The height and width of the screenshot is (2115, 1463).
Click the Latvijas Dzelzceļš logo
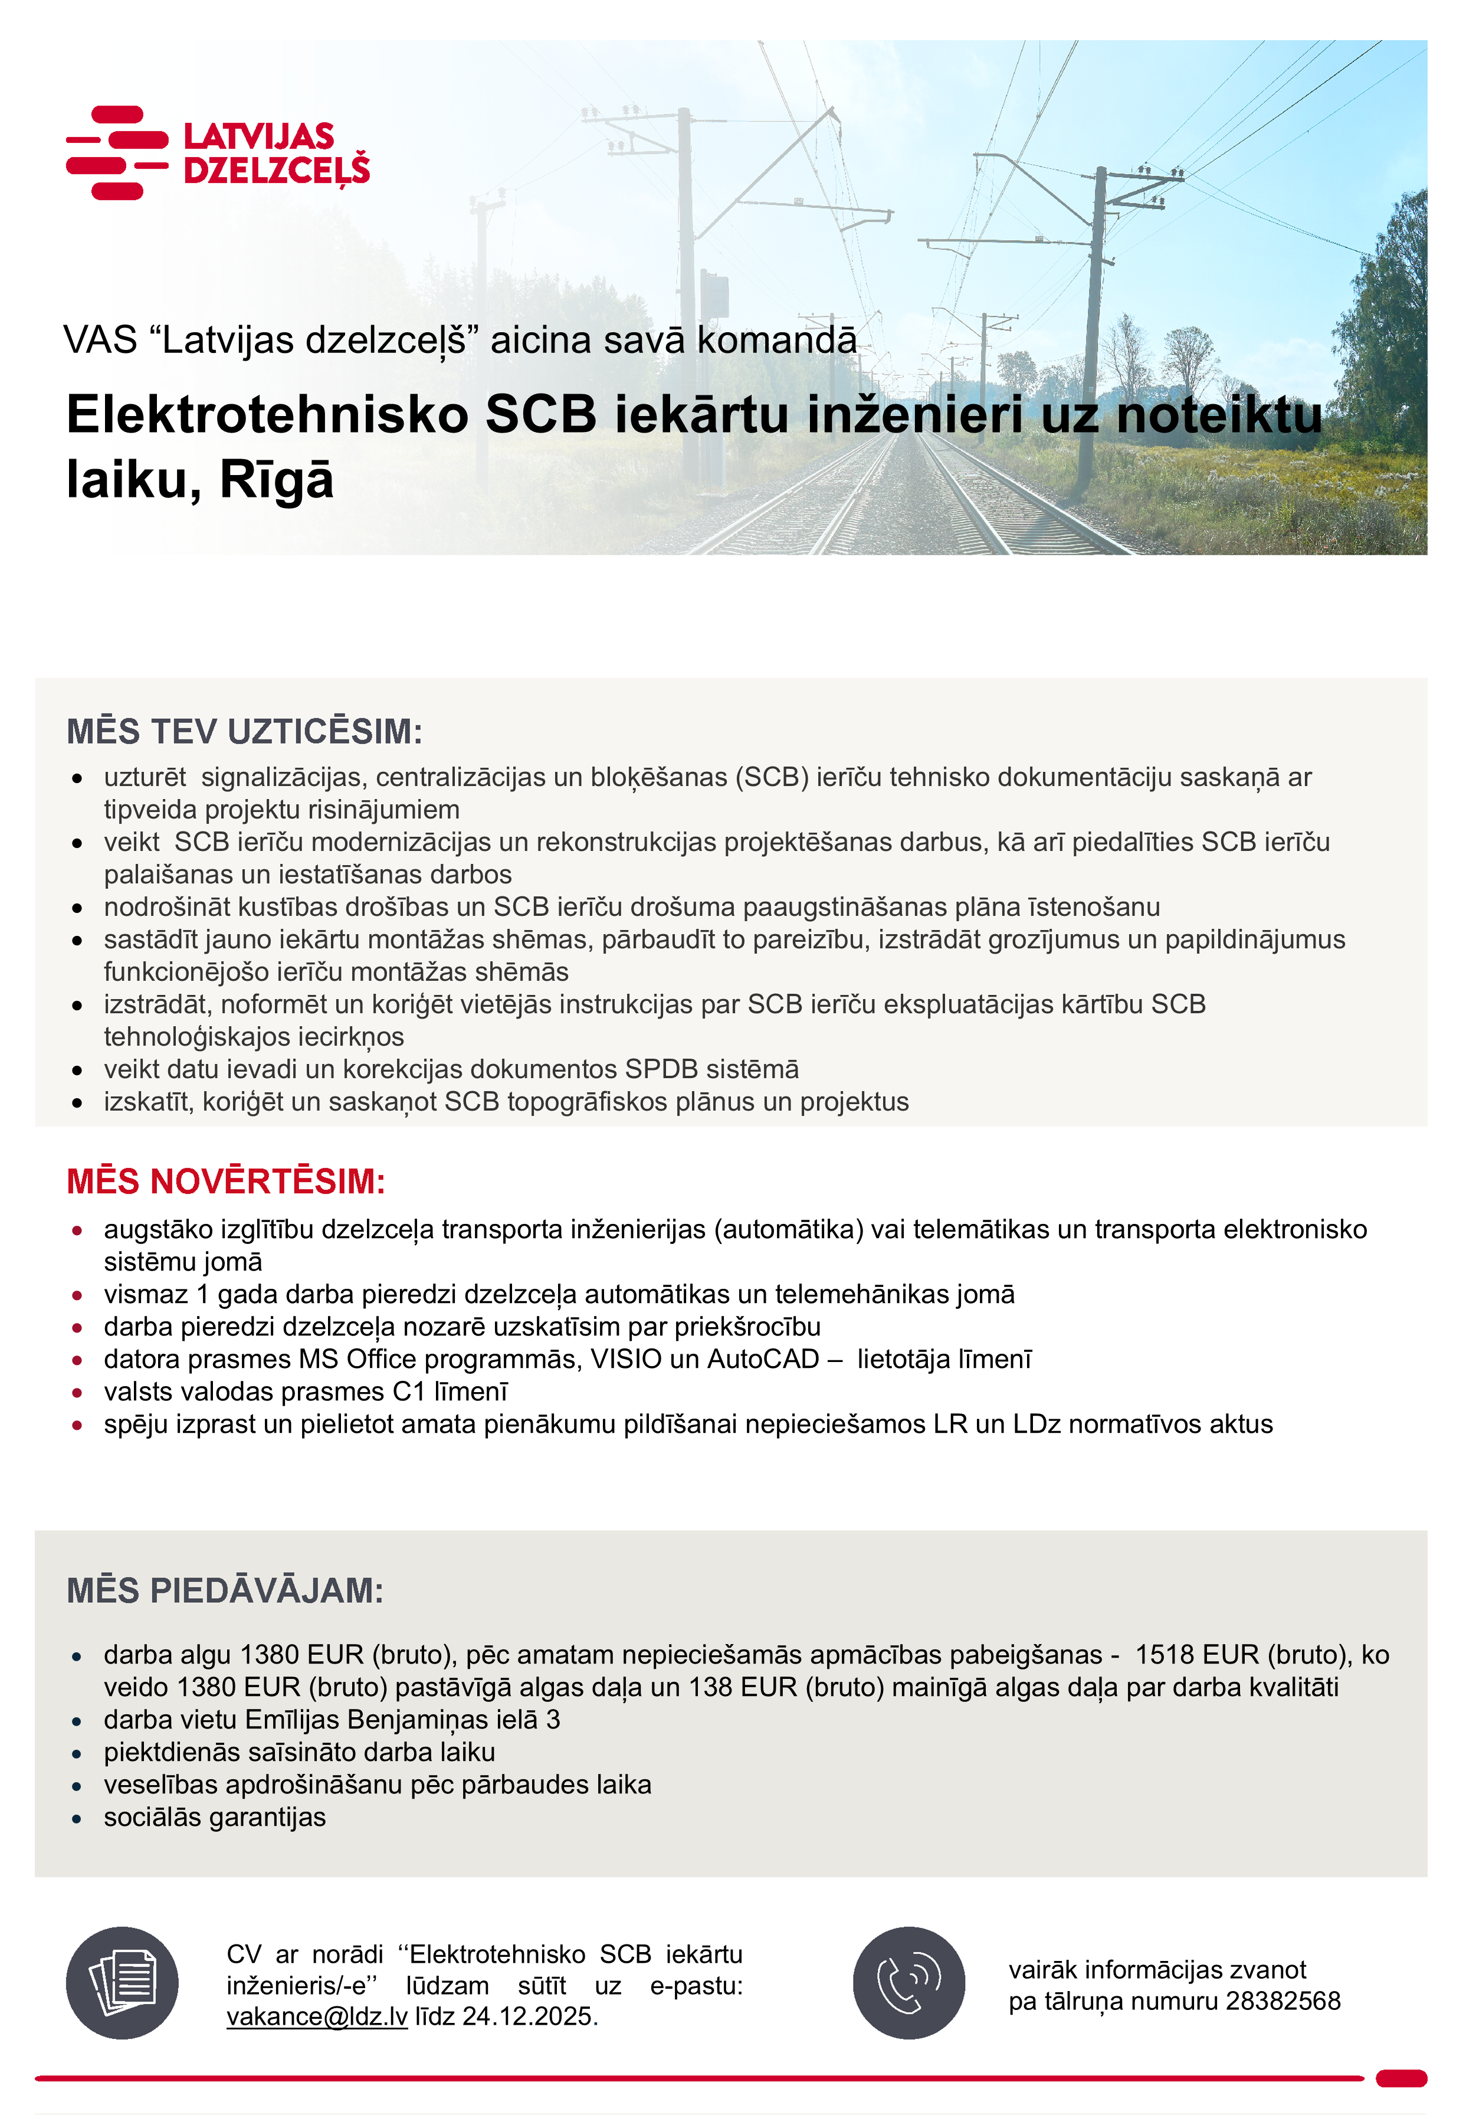click(218, 152)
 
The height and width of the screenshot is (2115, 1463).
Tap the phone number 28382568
click(1282, 2001)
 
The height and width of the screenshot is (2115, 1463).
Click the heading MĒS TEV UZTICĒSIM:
click(244, 732)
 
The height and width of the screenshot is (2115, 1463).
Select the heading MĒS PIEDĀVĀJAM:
click(225, 1590)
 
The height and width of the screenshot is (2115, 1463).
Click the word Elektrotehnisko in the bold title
click(268, 414)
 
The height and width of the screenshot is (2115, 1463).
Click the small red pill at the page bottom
click(1400, 2078)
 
